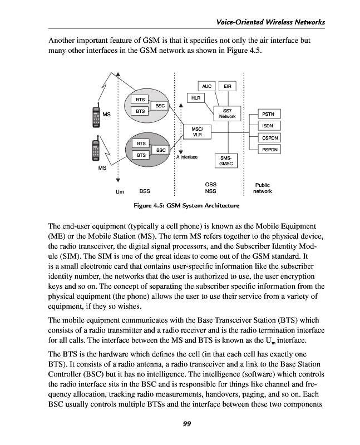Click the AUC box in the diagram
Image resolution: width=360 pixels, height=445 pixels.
point(207,86)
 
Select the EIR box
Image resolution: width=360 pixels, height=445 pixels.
point(228,86)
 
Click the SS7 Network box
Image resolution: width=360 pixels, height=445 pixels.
point(228,113)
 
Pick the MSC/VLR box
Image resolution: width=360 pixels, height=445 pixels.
point(197,131)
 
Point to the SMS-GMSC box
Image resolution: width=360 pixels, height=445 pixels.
point(226,160)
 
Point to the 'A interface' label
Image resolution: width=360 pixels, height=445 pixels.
point(186,157)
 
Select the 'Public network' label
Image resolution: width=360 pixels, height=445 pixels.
point(262,188)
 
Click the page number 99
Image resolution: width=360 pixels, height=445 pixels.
point(187,424)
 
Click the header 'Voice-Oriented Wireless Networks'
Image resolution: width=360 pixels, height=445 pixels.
point(269,22)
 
